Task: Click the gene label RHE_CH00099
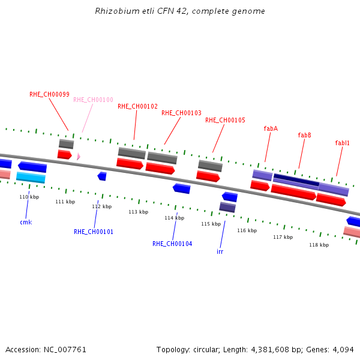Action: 49,94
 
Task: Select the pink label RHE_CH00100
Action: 93,100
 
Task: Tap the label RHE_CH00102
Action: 137,106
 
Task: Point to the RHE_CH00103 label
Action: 181,113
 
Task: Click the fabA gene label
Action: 271,128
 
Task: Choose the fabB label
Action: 304,135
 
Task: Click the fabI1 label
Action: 342,143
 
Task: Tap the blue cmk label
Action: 26,222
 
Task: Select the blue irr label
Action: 220,251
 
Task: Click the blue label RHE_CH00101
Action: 94,232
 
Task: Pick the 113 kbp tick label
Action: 139,212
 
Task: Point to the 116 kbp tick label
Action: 247,230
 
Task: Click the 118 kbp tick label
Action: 319,245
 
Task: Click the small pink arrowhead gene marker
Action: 79,157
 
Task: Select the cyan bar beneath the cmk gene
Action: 31,178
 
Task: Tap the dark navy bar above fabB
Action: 296,180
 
